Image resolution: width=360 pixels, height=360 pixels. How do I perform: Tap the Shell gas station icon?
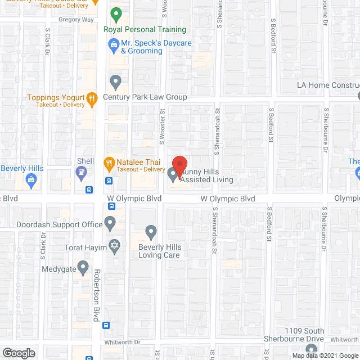tap(83, 173)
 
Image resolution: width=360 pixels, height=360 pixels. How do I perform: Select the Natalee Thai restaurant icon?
tap(109, 164)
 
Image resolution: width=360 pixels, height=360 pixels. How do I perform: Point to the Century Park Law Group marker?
tap(115, 82)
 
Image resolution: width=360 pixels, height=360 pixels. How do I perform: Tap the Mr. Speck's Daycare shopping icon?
tap(113, 43)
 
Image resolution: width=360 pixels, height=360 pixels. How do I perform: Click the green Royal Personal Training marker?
tap(116, 13)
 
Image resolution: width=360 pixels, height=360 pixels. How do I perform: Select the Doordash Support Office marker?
tap(110, 224)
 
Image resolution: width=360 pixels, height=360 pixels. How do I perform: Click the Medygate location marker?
tap(83, 268)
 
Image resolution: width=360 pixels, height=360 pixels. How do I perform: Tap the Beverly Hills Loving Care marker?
tap(150, 232)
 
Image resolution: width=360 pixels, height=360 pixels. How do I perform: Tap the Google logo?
tap(18, 353)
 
